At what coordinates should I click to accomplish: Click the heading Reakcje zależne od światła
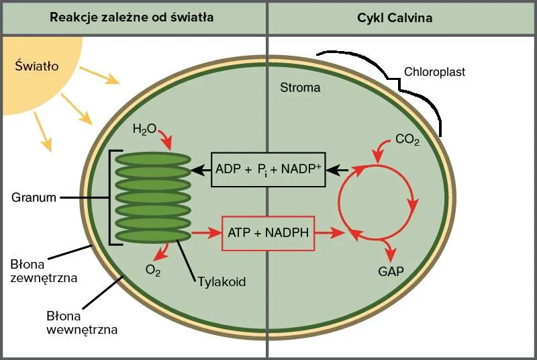coord(132,18)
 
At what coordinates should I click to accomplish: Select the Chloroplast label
coord(434,72)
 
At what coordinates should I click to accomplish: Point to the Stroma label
coord(300,88)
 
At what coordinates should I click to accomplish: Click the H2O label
coord(144,128)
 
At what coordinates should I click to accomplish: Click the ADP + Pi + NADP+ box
coord(268,169)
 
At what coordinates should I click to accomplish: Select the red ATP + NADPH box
coord(268,233)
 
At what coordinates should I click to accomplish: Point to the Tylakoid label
coord(222,281)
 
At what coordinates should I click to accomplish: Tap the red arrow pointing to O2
coord(161,253)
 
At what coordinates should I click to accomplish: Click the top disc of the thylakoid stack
coord(154,159)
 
